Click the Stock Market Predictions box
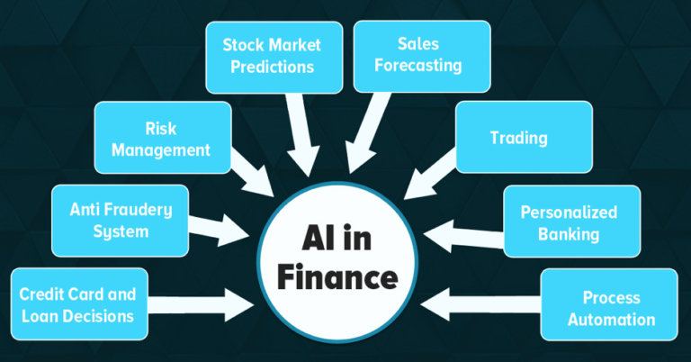point(274,58)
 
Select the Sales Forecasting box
point(422,57)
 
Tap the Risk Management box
point(163,138)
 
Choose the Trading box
point(524,137)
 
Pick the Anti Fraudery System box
point(120,221)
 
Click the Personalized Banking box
point(572,222)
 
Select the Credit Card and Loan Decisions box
point(79,304)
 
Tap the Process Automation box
point(609,304)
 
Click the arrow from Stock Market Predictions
point(302,134)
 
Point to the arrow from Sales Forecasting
point(366,132)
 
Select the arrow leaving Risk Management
point(252,173)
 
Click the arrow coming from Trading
point(430,174)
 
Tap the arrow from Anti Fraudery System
point(219,230)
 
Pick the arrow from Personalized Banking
point(463,236)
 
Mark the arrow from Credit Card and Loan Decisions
point(201,304)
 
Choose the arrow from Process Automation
point(480,304)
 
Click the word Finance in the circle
point(337,276)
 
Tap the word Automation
point(611,320)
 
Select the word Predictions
point(273,67)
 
